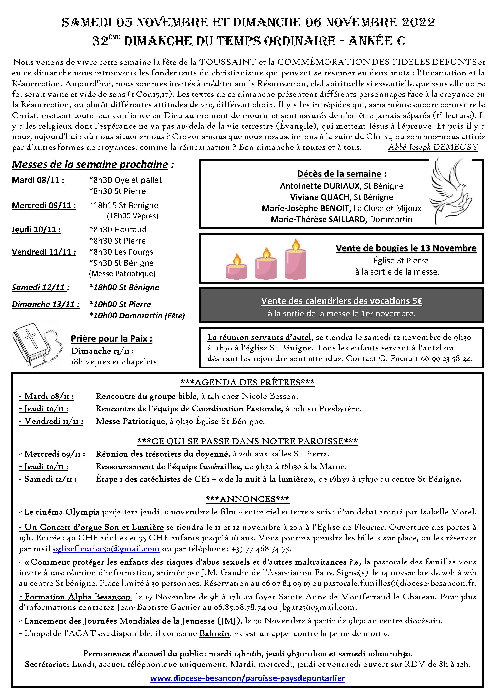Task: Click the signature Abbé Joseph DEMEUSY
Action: pyautogui.click(x=433, y=147)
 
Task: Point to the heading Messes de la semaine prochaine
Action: pyautogui.click(x=90, y=165)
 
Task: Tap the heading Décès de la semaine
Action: pyautogui.click(x=339, y=174)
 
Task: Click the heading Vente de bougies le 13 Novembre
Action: pyautogui.click(x=406, y=248)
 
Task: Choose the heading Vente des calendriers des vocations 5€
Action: pyautogui.click(x=342, y=301)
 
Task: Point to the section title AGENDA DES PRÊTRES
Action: pyautogui.click(x=248, y=382)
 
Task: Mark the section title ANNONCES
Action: pyautogui.click(x=248, y=499)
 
